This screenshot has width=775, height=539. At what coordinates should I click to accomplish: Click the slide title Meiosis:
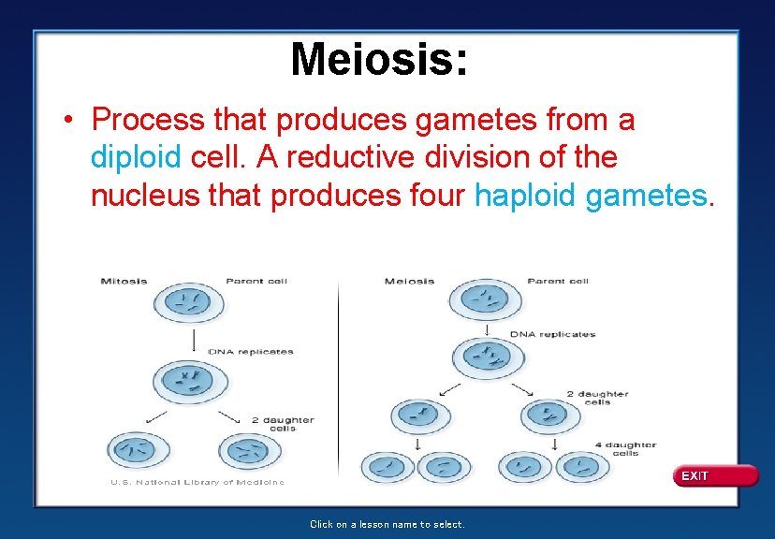378,60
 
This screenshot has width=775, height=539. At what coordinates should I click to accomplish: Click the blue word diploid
136,158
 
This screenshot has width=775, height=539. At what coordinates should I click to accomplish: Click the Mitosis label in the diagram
124,281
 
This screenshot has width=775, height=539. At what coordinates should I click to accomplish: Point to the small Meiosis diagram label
409,281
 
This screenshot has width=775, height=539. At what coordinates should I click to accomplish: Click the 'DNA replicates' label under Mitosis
250,352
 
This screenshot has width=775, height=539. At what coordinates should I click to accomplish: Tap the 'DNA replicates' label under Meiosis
552,334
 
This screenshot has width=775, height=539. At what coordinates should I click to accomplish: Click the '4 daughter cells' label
624,449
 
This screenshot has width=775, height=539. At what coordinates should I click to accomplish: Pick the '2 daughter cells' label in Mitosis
282,424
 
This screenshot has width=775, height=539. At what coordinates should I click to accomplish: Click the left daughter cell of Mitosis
138,451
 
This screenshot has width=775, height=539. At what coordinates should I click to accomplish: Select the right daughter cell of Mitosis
249,451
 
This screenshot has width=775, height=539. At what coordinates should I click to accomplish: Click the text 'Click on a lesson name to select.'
387,525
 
